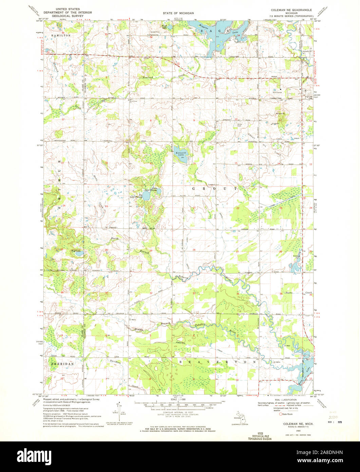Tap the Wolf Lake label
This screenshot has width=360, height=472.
click(x=75, y=251)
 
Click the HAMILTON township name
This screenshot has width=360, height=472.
click(x=61, y=35)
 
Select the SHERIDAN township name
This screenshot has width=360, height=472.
click(x=62, y=363)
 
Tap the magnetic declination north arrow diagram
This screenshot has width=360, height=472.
click(x=118, y=411)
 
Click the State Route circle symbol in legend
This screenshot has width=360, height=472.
click(x=280, y=414)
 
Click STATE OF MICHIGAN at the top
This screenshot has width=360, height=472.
click(x=180, y=13)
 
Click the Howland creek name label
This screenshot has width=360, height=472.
click(x=148, y=77)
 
